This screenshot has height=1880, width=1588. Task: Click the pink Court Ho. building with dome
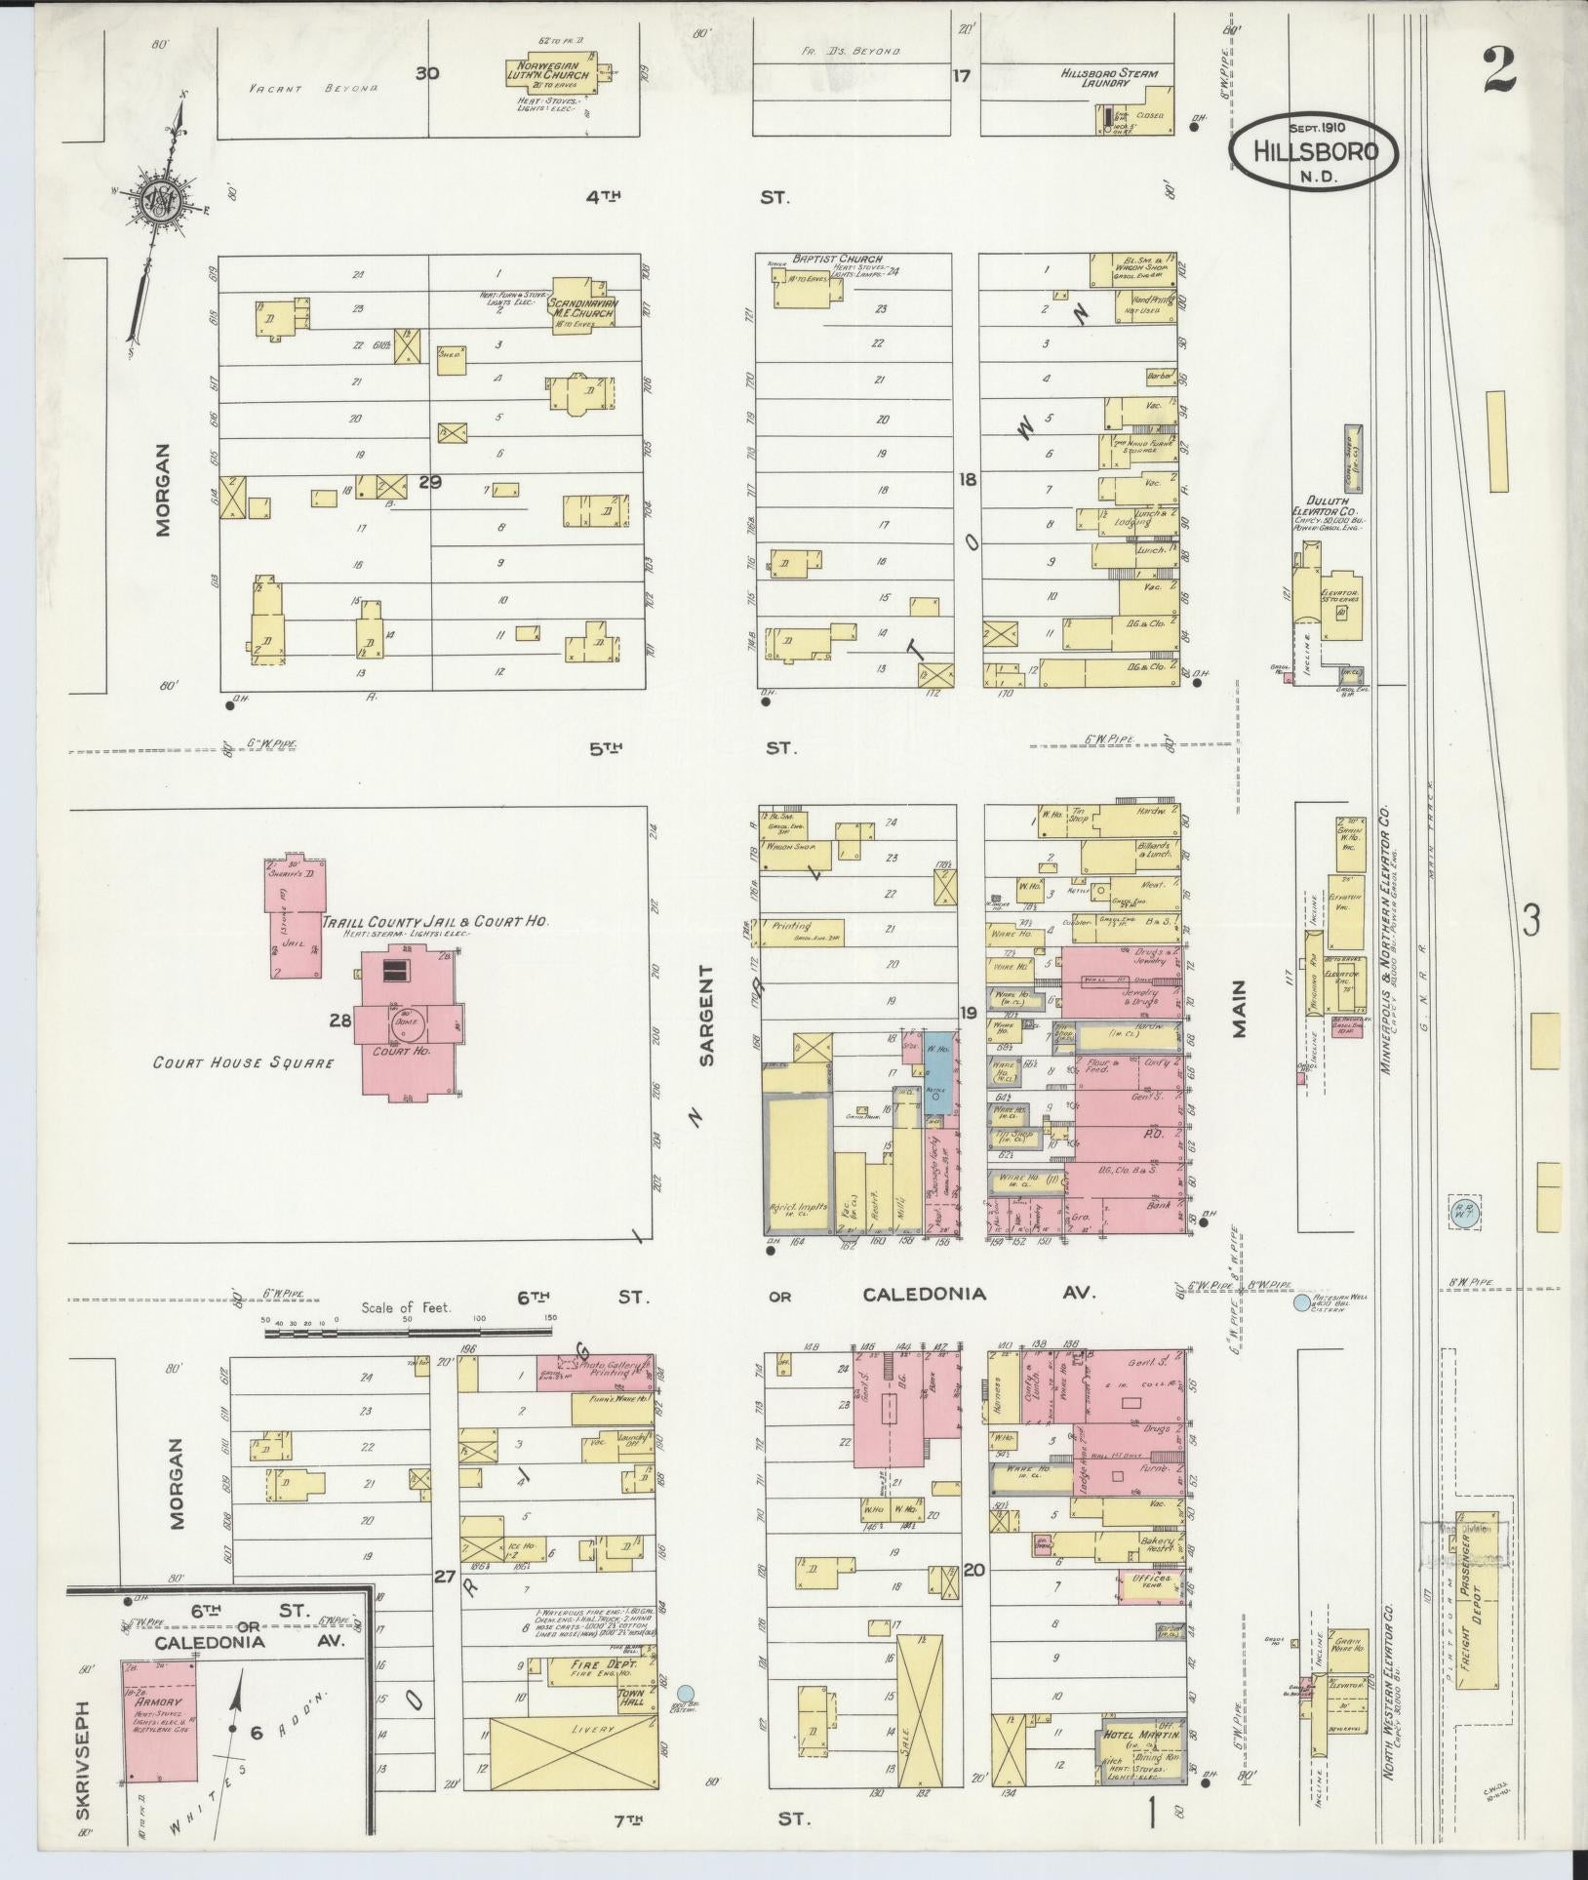pos(407,1024)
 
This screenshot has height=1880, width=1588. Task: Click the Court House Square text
pos(243,1062)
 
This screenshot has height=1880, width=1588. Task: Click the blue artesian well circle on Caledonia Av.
pos(1301,1302)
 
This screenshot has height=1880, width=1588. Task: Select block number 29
pos(430,482)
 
